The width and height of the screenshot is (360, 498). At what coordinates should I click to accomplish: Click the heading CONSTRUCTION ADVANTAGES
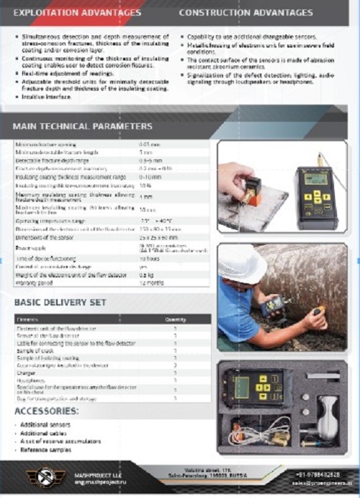point(246,13)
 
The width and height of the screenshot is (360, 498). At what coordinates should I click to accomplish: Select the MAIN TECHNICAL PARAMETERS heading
point(82,126)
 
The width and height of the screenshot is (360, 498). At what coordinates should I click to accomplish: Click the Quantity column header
point(176,319)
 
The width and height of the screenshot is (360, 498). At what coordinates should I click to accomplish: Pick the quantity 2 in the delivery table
point(175,366)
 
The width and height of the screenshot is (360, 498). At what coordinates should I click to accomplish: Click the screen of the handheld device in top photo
point(316,178)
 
